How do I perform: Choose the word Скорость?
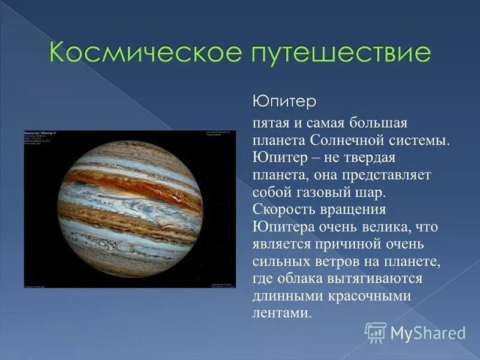tap(283, 210)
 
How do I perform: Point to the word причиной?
tap(349, 245)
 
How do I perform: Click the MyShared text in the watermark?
tap(428, 332)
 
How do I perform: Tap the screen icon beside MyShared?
tap(376, 332)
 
